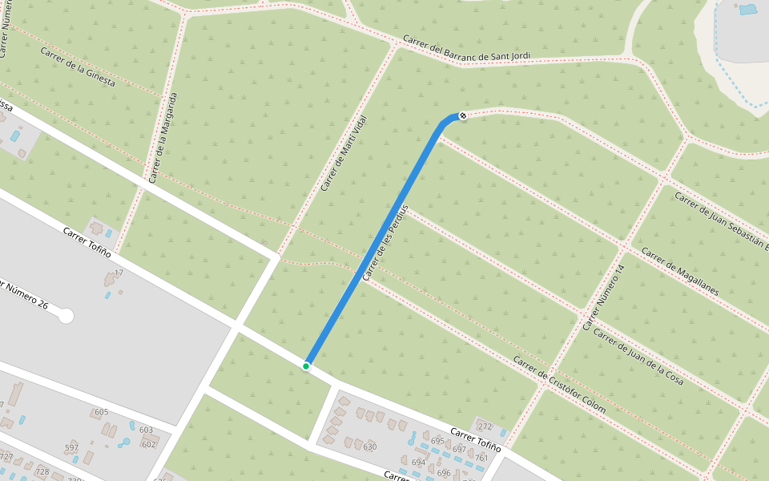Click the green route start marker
tap(306, 366)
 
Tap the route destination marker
tap(462, 116)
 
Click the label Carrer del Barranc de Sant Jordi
tap(466, 49)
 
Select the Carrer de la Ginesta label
tap(78, 67)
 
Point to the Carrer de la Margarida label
tap(162, 137)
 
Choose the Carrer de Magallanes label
tap(680, 271)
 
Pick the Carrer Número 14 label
tap(602, 297)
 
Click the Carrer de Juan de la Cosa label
tap(638, 356)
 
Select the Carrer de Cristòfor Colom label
tap(559, 385)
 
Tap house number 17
tap(119, 273)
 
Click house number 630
tap(369, 447)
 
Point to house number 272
tap(484, 426)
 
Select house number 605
tap(101, 412)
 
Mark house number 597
tap(72, 447)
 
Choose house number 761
tap(481, 458)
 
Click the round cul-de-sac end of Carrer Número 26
tap(66, 316)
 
